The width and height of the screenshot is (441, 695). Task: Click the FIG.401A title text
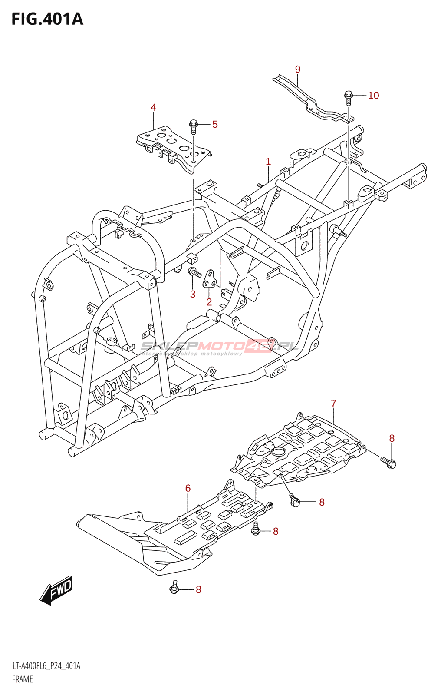pyautogui.click(x=47, y=19)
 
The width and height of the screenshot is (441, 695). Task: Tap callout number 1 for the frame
pyautogui.click(x=268, y=162)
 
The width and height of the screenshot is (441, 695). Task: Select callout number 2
pyautogui.click(x=209, y=302)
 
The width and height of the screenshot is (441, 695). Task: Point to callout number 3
pyautogui.click(x=193, y=294)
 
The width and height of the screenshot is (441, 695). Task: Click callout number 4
pyautogui.click(x=153, y=107)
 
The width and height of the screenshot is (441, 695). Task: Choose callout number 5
pyautogui.click(x=215, y=124)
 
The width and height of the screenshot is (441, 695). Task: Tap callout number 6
pyautogui.click(x=188, y=488)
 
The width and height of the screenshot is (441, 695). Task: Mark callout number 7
pyautogui.click(x=333, y=404)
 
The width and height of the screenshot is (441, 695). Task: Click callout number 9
pyautogui.click(x=298, y=69)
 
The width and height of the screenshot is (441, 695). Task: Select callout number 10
pyautogui.click(x=373, y=96)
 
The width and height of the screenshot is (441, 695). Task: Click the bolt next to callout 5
pyautogui.click(x=194, y=126)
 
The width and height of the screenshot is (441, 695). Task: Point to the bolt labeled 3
pyautogui.click(x=194, y=273)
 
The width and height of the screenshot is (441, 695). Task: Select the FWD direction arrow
pyautogui.click(x=56, y=590)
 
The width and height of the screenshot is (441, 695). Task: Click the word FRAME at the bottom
pyautogui.click(x=23, y=679)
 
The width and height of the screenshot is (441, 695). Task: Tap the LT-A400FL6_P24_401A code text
pyautogui.click(x=46, y=666)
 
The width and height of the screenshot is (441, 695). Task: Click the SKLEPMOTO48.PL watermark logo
pyautogui.click(x=219, y=347)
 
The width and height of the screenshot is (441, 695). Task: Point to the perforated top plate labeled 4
pyautogui.click(x=174, y=146)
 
